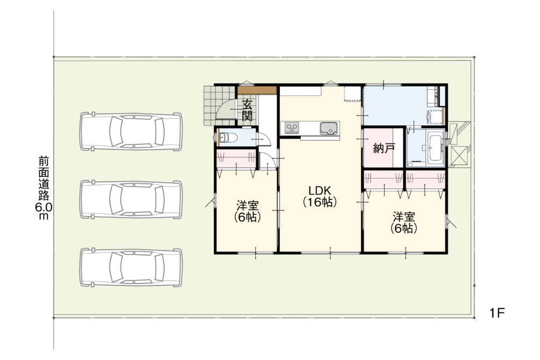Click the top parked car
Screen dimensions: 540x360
[x=131, y=131]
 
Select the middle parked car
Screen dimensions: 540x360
[x=131, y=199]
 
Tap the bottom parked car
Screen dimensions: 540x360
[x=131, y=267]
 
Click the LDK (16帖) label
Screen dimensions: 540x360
[x=320, y=196]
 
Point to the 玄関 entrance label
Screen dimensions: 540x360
[x=247, y=110]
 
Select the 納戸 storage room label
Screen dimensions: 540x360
[x=384, y=148]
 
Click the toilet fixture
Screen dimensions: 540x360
[x=228, y=138]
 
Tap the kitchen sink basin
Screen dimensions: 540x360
[x=329, y=128]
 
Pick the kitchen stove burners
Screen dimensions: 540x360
[x=292, y=128]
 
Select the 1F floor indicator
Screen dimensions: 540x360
[x=497, y=313]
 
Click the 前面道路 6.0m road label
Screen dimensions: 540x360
[x=44, y=188]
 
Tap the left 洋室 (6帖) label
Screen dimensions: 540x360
[x=247, y=211]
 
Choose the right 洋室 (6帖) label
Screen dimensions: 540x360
[x=404, y=222]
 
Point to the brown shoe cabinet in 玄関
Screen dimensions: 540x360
[x=257, y=90]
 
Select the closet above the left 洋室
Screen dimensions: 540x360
[x=236, y=159]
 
